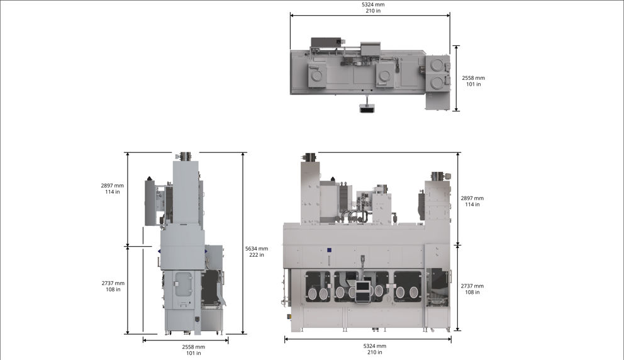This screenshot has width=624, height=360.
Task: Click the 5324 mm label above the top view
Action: click(x=373, y=5)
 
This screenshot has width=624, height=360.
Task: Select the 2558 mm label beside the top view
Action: click(x=473, y=78)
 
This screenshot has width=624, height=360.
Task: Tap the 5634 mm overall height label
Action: click(x=256, y=249)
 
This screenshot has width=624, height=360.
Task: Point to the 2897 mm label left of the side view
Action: click(x=112, y=186)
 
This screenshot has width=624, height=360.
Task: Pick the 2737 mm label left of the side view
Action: click(x=113, y=283)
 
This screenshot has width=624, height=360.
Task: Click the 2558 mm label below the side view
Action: click(x=193, y=347)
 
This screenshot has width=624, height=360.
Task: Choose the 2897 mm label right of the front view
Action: click(x=472, y=198)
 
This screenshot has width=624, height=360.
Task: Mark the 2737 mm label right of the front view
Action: click(x=472, y=286)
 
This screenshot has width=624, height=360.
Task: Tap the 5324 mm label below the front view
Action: click(x=374, y=346)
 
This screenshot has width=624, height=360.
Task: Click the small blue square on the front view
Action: click(x=330, y=250)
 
